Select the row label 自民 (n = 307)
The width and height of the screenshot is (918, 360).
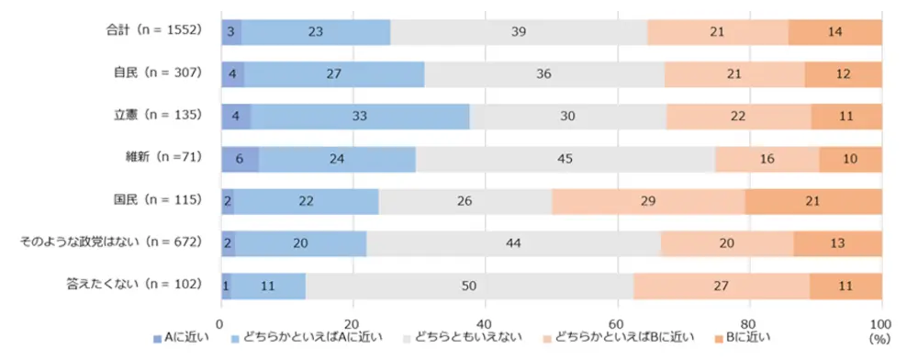[157, 73]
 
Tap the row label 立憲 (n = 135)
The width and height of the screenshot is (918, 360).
[157, 116]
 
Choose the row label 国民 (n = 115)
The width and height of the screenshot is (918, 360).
[157, 200]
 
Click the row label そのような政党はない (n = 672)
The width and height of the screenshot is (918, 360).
[111, 242]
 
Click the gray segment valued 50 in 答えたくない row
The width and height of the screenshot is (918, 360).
[469, 286]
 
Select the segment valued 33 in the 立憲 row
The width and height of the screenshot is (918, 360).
[360, 117]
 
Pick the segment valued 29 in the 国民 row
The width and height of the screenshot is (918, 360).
[648, 201]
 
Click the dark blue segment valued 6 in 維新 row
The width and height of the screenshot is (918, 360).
[240, 159]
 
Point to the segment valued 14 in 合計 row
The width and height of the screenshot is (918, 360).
[835, 32]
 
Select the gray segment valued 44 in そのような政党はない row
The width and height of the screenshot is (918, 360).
[513, 243]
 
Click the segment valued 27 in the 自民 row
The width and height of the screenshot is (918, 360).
[334, 74]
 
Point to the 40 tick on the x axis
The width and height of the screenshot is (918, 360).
[485, 323]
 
